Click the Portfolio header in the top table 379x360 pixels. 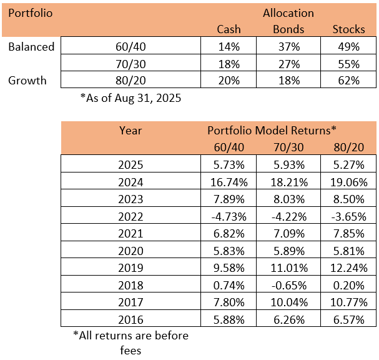tap(31, 13)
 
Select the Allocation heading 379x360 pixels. tap(288, 13)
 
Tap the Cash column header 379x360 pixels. tap(229, 29)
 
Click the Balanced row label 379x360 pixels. tap(31, 47)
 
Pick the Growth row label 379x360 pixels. tap(27, 81)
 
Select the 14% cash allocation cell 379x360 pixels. tap(229, 47)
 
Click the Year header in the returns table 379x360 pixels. tap(130, 131)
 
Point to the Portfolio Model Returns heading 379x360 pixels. tap(272, 131)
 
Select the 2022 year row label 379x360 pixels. tap(130, 216)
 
